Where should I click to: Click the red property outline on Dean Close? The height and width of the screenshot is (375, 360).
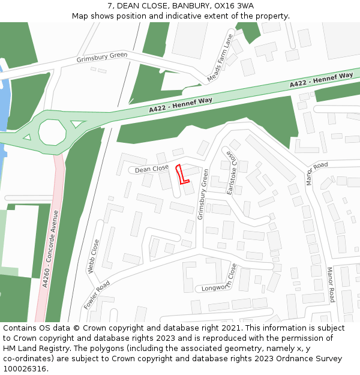(x=182, y=175)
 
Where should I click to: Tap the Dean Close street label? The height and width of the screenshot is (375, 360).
(x=152, y=169)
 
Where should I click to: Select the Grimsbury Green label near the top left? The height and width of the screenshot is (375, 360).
(x=102, y=58)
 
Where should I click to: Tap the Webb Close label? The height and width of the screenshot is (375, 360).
(x=94, y=256)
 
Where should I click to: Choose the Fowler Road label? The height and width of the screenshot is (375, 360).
(x=97, y=295)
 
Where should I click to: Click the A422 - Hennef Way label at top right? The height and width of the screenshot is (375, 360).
(x=321, y=80)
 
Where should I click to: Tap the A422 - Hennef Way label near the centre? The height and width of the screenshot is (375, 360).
(x=181, y=105)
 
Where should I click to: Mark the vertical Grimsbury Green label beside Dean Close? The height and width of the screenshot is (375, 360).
(x=204, y=194)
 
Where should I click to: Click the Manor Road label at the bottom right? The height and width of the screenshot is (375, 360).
(x=331, y=284)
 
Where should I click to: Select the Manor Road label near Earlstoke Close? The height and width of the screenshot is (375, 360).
(x=317, y=173)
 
